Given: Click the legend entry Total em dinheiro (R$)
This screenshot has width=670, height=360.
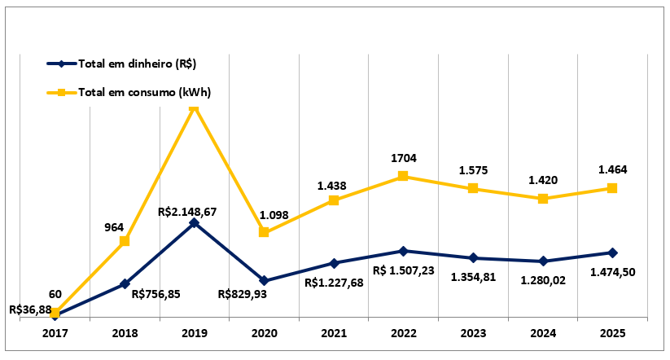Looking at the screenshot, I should tap(136, 64).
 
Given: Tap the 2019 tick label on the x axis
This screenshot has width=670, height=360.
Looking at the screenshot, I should tap(194, 334).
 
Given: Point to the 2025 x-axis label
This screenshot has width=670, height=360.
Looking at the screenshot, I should tap(612, 334).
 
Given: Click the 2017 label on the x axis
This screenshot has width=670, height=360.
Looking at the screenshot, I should tap(55, 334).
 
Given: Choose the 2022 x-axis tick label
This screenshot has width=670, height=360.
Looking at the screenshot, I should tap(403, 334).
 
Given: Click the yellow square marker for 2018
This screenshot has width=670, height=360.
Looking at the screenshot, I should tap(125, 241).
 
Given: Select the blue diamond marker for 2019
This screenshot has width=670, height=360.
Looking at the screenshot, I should tap(194, 222).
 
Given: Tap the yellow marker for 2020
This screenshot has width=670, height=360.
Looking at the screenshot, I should tap(264, 232).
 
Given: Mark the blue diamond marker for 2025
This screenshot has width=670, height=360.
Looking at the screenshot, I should tap(612, 252).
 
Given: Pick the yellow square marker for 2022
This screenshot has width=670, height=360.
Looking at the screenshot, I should tap(403, 176).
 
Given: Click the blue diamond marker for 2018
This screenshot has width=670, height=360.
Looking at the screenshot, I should tap(125, 283).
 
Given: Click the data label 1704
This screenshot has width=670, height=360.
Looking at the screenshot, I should tap(405, 160).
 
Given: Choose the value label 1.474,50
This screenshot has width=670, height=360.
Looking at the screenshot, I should tap(613, 272).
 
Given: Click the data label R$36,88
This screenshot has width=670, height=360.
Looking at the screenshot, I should tap(30, 310).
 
